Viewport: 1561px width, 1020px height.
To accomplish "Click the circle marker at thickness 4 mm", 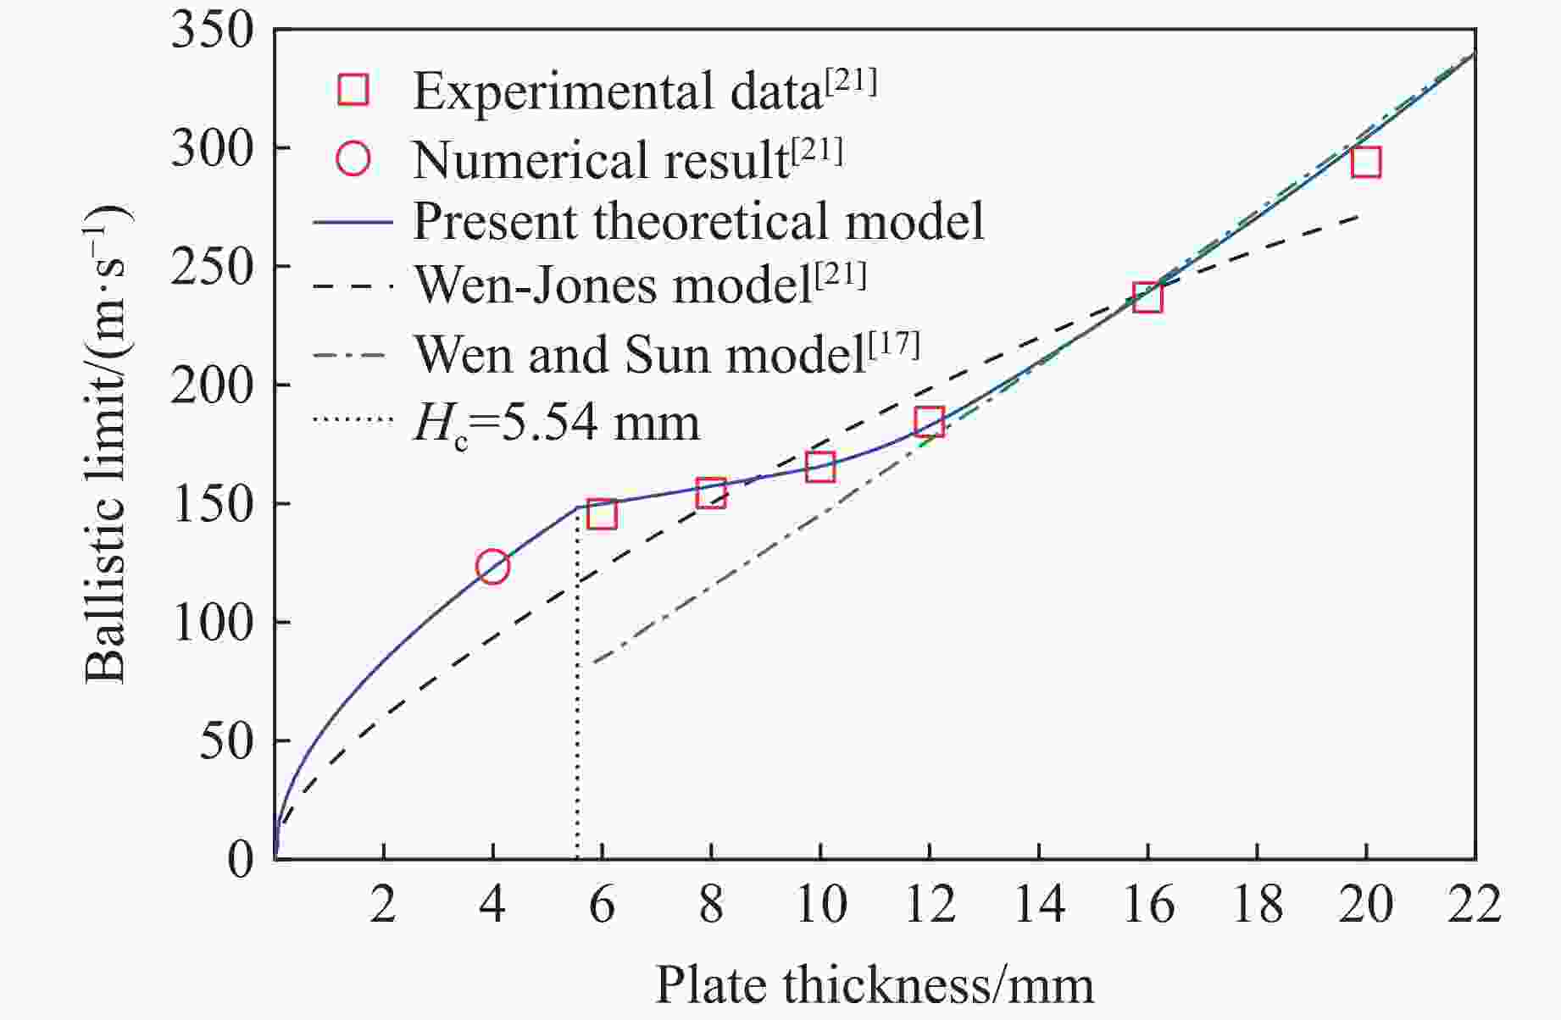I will (x=492, y=566).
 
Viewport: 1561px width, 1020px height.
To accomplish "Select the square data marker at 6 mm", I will (x=602, y=514).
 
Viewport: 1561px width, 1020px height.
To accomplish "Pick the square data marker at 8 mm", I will (x=711, y=492).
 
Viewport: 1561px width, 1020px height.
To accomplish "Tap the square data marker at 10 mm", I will (x=820, y=467).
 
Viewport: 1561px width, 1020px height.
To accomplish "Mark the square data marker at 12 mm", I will (x=930, y=421).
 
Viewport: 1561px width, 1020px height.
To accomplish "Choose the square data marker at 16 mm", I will (x=1147, y=298).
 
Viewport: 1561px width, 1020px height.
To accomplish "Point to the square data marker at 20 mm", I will (x=1366, y=162).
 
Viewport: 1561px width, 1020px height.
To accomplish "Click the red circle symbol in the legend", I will (x=353, y=158).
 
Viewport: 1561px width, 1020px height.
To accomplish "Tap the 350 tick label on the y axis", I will (x=212, y=31).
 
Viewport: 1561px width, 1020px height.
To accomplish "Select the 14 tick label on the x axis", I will (x=1039, y=904).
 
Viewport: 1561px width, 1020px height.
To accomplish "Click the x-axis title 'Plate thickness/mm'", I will (x=874, y=985).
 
